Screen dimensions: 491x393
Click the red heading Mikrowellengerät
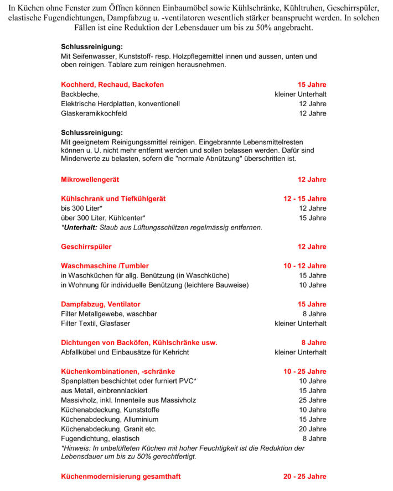pos(90,180)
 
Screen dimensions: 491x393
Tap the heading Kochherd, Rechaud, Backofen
pos(112,85)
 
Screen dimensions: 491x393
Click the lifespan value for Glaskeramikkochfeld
pos(312,113)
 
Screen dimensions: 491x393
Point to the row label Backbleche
pos(80,94)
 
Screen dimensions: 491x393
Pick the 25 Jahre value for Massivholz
pos(312,400)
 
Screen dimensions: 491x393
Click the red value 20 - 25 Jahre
pos(304,477)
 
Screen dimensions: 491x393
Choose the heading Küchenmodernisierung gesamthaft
pos(121,477)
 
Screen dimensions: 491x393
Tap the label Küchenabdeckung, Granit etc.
pos(108,429)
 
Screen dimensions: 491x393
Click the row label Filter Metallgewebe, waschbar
pos(109,314)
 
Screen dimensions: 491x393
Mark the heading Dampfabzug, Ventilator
pos(100,304)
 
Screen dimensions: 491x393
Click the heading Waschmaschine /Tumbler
pos(105,266)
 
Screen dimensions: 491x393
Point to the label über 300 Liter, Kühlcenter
pos(103,218)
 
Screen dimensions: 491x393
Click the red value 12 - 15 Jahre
pos(304,199)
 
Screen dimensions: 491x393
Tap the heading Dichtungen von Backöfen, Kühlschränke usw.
pos(139,343)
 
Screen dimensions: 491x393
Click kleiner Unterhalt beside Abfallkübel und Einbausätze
pos(300,352)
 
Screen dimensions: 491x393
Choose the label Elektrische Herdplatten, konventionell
pos(120,103)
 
